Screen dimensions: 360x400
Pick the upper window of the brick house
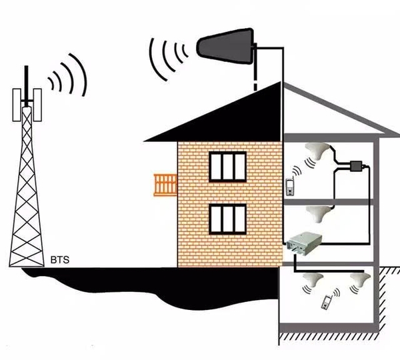click(229, 166)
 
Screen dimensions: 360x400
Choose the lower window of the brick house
click(229, 219)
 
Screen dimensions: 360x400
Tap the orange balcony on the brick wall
click(165, 185)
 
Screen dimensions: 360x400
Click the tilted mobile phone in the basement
click(326, 301)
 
